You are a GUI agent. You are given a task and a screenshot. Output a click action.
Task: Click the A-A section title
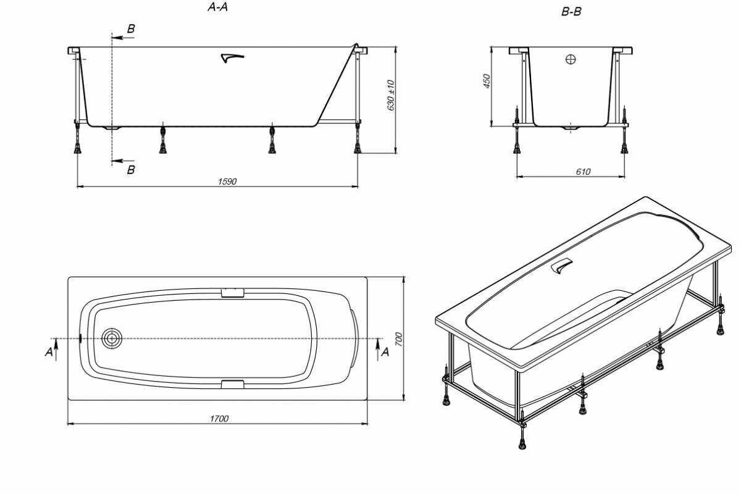(x=220, y=7)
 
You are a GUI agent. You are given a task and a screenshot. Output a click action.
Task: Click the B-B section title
(x=571, y=11)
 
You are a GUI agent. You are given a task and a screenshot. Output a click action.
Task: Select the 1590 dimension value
(x=227, y=182)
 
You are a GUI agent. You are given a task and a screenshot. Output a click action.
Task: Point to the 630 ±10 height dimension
(x=390, y=96)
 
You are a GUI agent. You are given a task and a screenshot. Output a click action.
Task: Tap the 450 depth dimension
(x=486, y=82)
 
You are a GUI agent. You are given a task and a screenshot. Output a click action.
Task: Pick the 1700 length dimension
(x=219, y=419)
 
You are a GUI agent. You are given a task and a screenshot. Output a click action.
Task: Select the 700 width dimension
(x=398, y=338)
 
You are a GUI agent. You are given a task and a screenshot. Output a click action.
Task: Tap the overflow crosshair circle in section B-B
(x=571, y=59)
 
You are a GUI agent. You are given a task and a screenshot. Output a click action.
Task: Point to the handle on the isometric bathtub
(x=562, y=267)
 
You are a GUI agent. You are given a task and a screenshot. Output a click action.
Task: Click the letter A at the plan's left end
(x=49, y=351)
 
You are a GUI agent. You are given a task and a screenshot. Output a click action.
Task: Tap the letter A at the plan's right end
(x=385, y=351)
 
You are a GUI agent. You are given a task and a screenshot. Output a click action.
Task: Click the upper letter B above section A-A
(x=131, y=29)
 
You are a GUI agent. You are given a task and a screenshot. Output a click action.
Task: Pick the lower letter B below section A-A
(x=131, y=170)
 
